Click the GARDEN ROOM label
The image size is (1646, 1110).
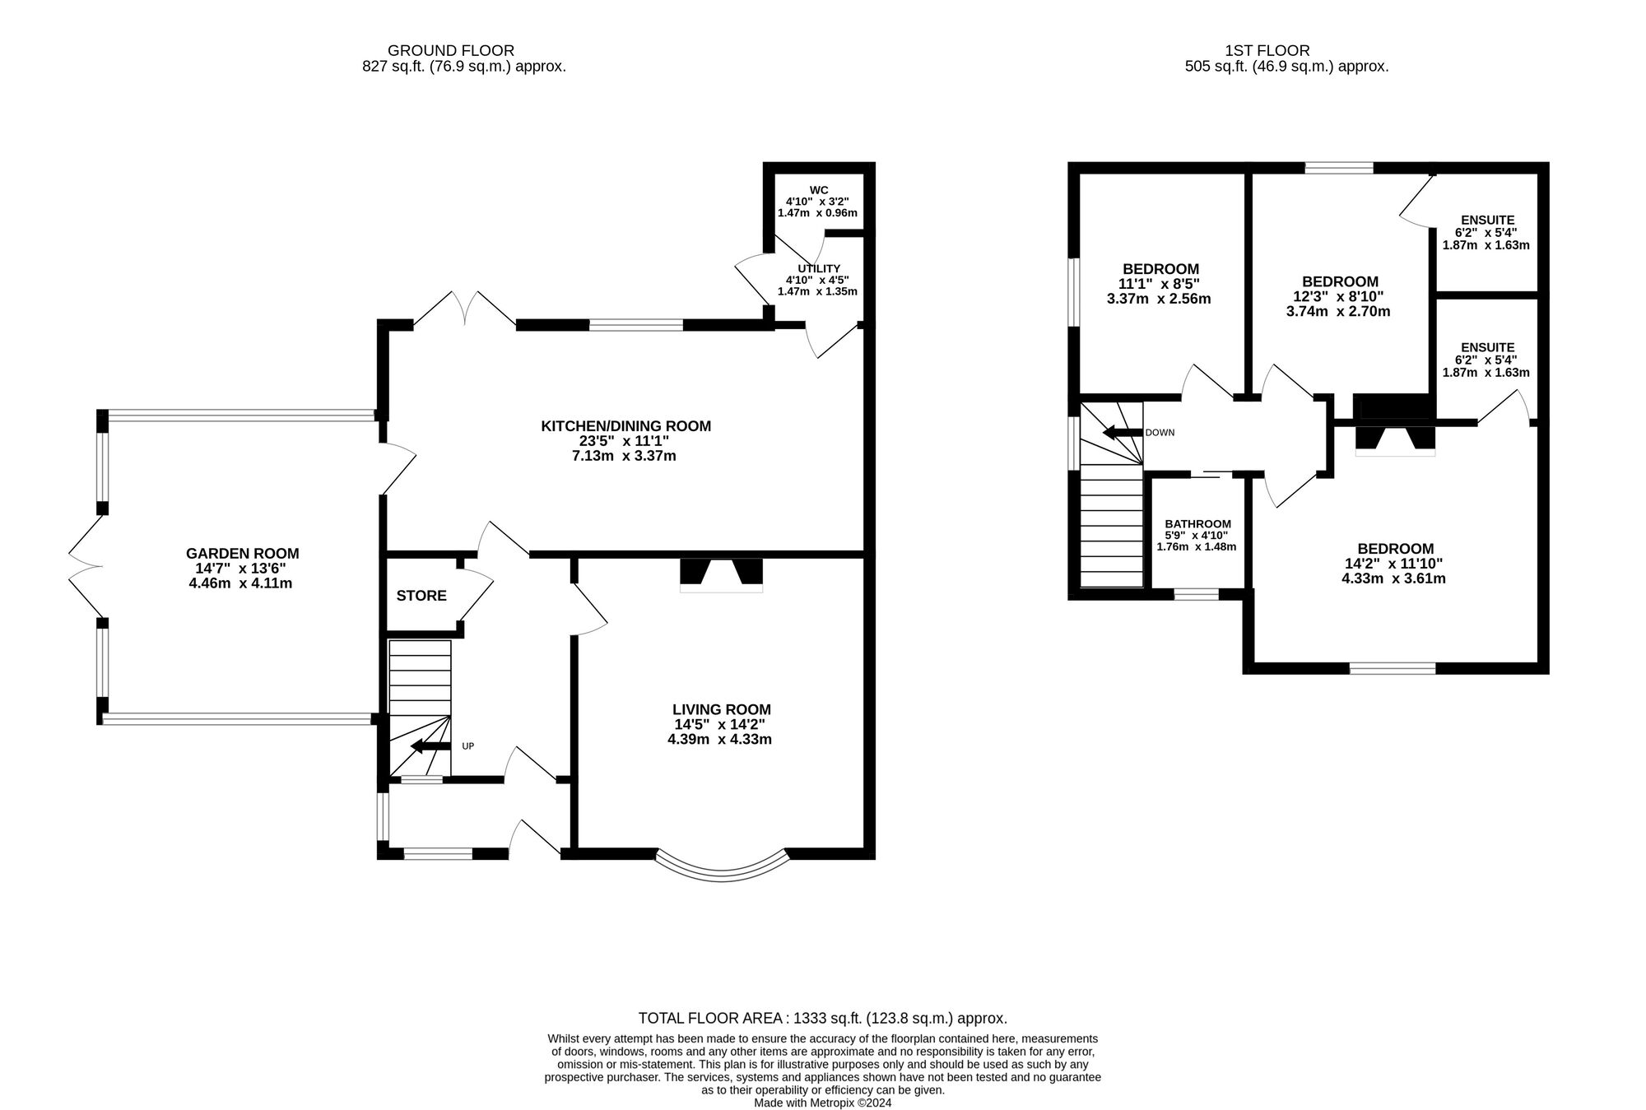click(x=242, y=554)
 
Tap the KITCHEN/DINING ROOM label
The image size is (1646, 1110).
click(x=625, y=426)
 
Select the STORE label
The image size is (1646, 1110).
click(x=421, y=596)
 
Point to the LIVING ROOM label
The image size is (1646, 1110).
click(x=722, y=709)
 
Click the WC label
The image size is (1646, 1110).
click(x=819, y=190)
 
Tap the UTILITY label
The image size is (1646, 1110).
click(x=819, y=269)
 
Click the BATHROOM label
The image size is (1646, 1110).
click(x=1198, y=524)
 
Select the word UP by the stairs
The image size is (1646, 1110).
click(x=467, y=746)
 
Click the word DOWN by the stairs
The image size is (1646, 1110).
click(x=1160, y=432)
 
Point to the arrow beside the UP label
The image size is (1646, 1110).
click(x=430, y=746)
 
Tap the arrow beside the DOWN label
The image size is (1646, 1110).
click(x=1123, y=432)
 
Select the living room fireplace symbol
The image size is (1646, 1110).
click(x=722, y=575)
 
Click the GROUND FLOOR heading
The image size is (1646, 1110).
click(x=451, y=51)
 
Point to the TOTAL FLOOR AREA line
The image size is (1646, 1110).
click(x=823, y=1018)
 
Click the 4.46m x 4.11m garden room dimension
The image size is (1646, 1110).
click(x=240, y=583)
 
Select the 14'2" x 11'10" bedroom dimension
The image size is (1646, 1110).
click(x=1393, y=564)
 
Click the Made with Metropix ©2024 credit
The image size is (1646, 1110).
click(x=823, y=1103)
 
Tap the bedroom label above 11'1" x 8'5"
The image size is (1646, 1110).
click(x=1160, y=269)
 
